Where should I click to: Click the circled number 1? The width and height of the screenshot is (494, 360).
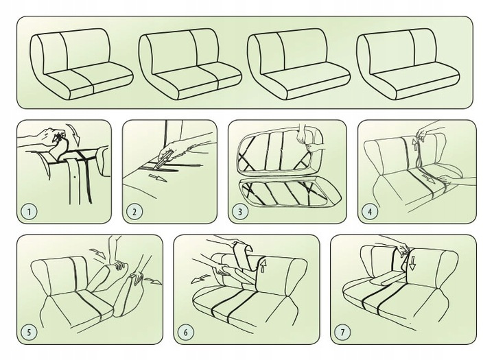29,211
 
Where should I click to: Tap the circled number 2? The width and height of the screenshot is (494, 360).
134,211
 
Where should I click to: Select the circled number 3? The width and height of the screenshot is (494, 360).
240,211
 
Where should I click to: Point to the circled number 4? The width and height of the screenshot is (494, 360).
370,211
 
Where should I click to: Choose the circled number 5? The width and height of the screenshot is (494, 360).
29,332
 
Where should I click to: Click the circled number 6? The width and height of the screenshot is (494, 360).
185,332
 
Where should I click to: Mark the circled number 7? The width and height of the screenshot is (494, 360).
342,332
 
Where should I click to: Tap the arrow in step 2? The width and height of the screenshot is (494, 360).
157,178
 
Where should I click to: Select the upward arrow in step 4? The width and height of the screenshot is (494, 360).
416,145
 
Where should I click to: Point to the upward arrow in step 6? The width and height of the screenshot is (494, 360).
263,265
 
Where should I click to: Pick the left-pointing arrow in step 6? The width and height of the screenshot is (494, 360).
200,279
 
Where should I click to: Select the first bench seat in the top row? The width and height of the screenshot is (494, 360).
81,64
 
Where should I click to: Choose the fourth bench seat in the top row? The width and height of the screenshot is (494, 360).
408,64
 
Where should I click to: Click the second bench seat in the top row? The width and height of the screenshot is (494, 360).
190,64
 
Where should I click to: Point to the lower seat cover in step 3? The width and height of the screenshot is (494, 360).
290,193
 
